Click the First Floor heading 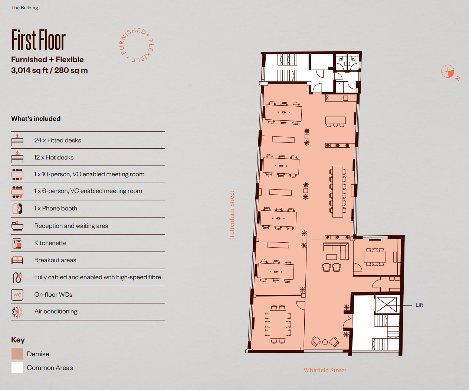click(39, 40)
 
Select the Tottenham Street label click(232, 215)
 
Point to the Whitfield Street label click(325, 370)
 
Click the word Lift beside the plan click(419, 305)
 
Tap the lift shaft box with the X click(386, 305)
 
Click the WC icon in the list click(17, 295)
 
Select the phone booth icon click(17, 209)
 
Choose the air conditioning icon click(17, 312)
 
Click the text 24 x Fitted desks click(58, 140)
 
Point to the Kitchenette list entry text click(50, 243)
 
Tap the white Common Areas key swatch click(17, 367)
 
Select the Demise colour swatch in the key click(17, 354)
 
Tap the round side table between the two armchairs click(325, 342)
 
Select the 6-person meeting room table click(375, 257)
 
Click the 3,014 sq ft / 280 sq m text click(49, 70)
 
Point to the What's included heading click(36, 119)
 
